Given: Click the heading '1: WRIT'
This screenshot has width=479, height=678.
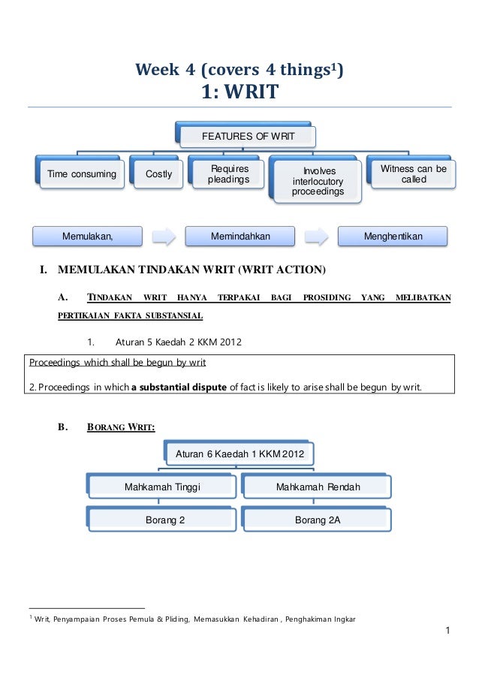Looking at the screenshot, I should [x=239, y=92].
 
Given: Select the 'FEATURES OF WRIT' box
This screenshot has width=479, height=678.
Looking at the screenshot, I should [x=248, y=137].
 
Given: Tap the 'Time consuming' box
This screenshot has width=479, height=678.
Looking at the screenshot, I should [x=82, y=175].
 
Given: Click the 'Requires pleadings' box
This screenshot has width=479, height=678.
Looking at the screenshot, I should [x=229, y=175].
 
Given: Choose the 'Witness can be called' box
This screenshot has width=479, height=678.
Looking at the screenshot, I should [x=413, y=174].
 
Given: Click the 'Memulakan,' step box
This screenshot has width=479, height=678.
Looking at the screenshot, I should [x=87, y=237].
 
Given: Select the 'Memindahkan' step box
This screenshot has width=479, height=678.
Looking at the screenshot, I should [x=240, y=237].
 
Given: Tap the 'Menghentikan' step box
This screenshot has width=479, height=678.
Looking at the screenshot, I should [x=393, y=237].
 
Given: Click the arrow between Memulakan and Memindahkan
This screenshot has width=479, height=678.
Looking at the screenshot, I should [x=164, y=237].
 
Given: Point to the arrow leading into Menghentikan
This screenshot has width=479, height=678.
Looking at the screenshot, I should [x=317, y=237].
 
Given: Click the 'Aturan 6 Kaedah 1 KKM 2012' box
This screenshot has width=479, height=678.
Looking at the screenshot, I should [x=240, y=454].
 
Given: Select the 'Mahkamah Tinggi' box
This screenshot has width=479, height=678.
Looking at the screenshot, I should [x=162, y=487].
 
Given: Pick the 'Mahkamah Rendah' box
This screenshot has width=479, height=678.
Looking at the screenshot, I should [x=318, y=487].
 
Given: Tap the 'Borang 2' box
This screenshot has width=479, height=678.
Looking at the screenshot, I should [x=165, y=520].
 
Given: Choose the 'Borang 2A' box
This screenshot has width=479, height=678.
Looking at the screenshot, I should [x=318, y=520].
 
